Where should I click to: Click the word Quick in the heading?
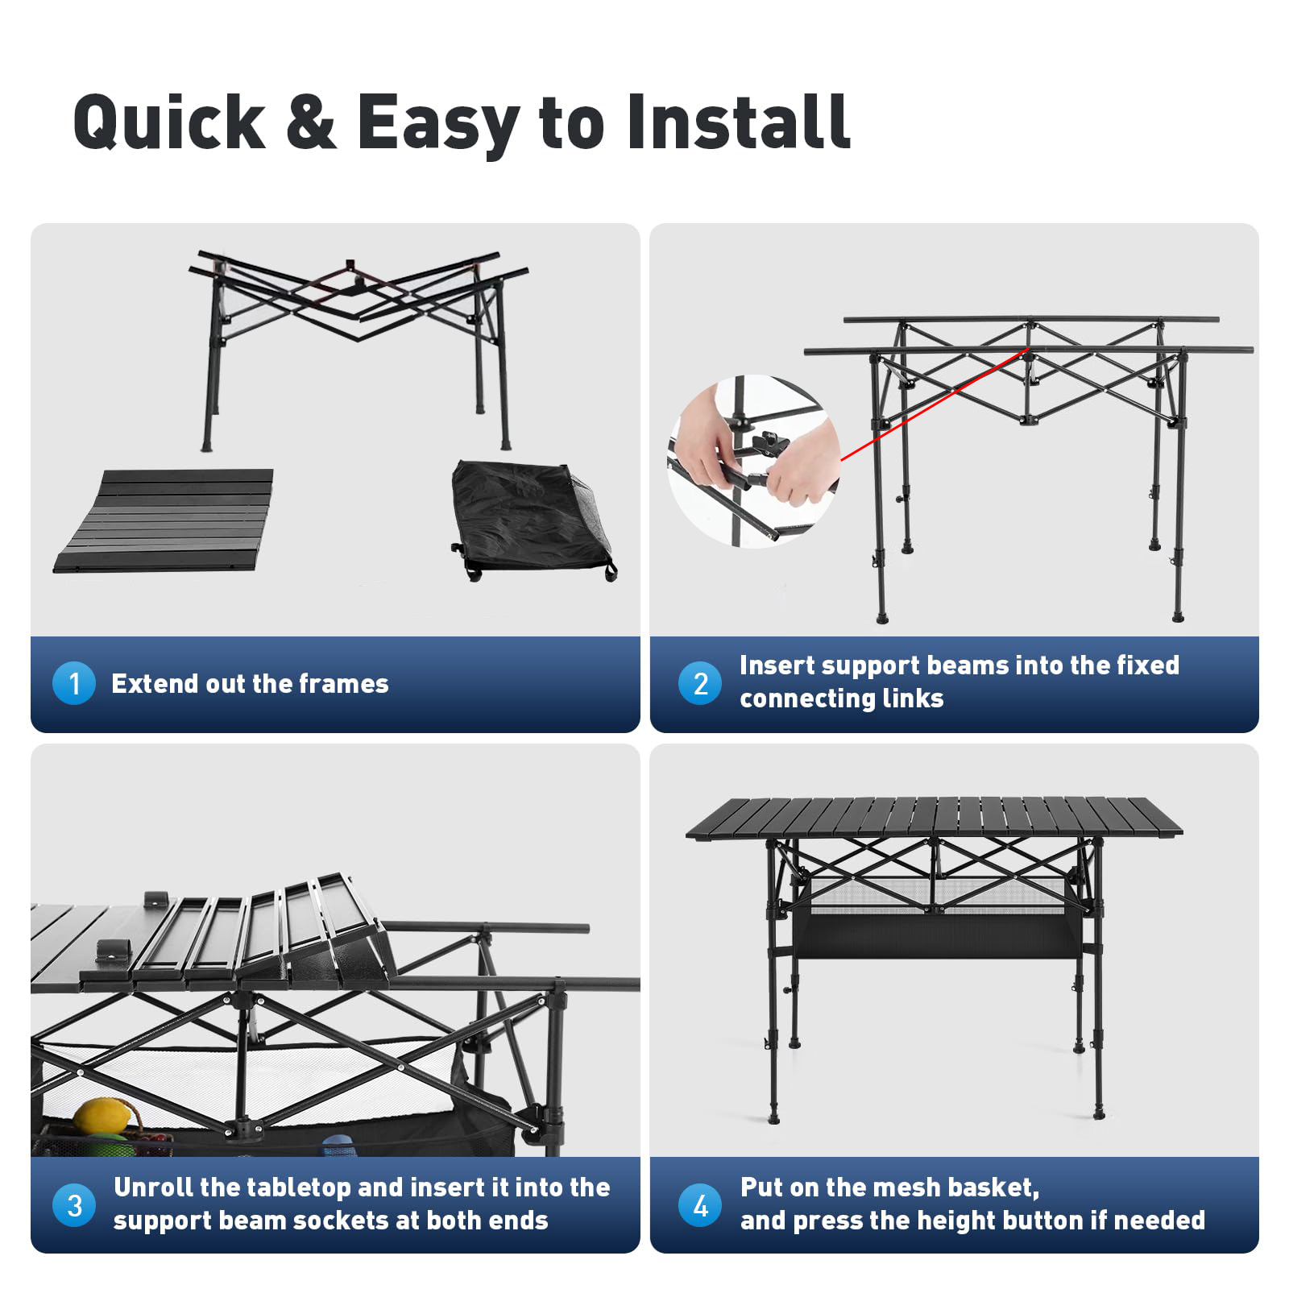click(169, 122)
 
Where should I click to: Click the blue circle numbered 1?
click(74, 683)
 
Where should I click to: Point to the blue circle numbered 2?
click(700, 683)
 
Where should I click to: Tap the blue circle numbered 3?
click(74, 1205)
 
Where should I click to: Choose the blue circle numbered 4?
click(700, 1205)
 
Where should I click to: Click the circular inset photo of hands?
click(753, 462)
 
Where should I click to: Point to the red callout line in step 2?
click(935, 404)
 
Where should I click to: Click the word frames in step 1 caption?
click(343, 683)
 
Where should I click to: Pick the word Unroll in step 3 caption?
click(154, 1187)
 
